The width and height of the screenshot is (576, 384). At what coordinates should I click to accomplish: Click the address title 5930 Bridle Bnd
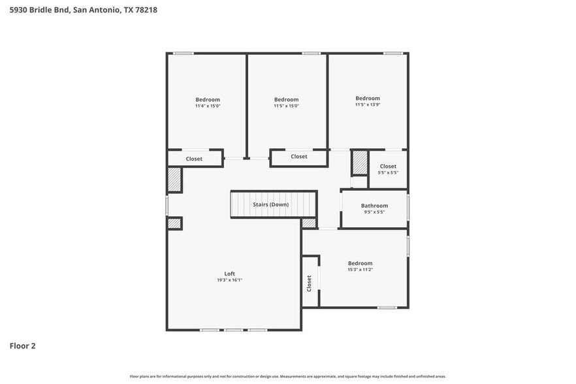[83, 10]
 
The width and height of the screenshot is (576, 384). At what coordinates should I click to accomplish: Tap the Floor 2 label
[22, 345]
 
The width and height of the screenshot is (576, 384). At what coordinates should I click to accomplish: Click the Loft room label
[229, 274]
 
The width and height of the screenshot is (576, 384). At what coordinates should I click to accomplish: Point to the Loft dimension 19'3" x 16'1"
[229, 280]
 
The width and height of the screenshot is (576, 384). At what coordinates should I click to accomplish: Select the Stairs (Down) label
[270, 204]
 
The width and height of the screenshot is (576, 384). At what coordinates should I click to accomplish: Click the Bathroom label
[374, 206]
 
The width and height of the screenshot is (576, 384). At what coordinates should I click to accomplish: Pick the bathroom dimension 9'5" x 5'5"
[374, 212]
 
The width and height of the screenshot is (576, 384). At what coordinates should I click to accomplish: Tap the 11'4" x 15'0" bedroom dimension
[207, 106]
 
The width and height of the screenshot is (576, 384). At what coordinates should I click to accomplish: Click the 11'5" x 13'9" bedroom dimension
[367, 104]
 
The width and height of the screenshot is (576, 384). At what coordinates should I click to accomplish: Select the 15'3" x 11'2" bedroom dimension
[360, 270]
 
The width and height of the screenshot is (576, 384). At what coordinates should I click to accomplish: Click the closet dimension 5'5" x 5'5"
[388, 173]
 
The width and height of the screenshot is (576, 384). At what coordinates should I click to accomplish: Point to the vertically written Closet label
[309, 282]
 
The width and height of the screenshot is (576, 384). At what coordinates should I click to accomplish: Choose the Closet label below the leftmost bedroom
[194, 159]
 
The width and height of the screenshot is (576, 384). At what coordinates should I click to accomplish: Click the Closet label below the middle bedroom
[299, 157]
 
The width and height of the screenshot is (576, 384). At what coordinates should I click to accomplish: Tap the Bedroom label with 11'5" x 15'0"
[286, 99]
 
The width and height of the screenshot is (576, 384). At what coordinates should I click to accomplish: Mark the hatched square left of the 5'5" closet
[360, 162]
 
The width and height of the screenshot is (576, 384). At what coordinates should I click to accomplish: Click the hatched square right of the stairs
[309, 223]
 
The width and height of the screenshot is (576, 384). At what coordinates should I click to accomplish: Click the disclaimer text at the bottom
[287, 377]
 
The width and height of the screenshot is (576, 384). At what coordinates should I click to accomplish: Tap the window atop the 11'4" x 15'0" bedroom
[183, 53]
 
